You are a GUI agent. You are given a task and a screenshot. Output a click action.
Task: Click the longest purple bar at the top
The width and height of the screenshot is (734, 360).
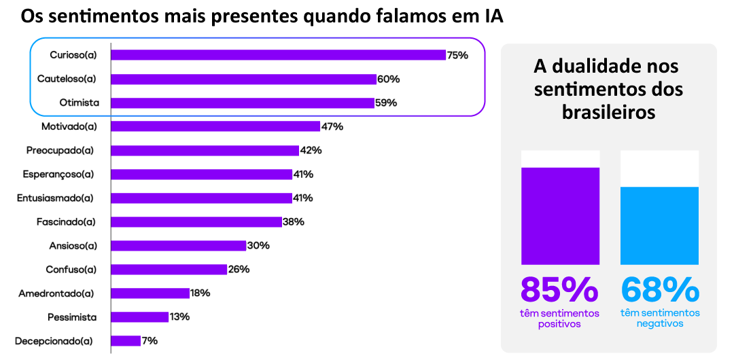[x=278, y=55]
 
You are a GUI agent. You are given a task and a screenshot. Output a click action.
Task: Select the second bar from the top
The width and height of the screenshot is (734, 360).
[x=243, y=79]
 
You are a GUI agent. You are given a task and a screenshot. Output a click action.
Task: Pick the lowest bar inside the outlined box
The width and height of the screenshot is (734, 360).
[x=243, y=103]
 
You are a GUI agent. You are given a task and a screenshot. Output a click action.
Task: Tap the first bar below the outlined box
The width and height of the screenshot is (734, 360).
[x=215, y=126]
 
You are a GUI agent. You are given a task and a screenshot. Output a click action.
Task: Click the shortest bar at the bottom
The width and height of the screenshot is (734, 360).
[x=126, y=341]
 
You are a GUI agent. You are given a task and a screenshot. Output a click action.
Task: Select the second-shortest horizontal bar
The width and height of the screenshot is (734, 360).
[x=139, y=317]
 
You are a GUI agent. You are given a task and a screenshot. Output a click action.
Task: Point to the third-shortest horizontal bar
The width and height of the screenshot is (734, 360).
[x=150, y=293]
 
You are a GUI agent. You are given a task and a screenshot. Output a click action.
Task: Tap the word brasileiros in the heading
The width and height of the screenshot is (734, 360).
[x=608, y=112]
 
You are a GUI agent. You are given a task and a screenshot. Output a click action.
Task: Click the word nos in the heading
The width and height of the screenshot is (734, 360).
[x=663, y=67]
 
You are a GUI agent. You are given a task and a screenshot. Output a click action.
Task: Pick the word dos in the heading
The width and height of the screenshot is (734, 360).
[x=666, y=90]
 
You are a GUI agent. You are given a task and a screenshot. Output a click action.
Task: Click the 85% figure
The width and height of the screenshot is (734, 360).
[x=559, y=290]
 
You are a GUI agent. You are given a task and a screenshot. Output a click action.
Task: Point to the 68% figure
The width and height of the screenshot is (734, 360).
[x=659, y=290]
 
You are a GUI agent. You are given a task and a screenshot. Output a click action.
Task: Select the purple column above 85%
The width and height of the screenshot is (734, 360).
[x=560, y=215]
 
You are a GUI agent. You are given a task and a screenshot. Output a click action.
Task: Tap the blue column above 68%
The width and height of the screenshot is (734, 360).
[x=659, y=226]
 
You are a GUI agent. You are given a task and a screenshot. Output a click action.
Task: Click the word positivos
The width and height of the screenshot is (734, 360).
[x=559, y=324]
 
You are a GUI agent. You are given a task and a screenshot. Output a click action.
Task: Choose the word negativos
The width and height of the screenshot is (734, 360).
[x=659, y=324]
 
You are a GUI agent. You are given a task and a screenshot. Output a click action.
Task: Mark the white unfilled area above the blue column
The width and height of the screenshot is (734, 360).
[x=659, y=168]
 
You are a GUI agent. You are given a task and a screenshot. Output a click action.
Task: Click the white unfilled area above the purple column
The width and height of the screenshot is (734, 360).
[x=560, y=158]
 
